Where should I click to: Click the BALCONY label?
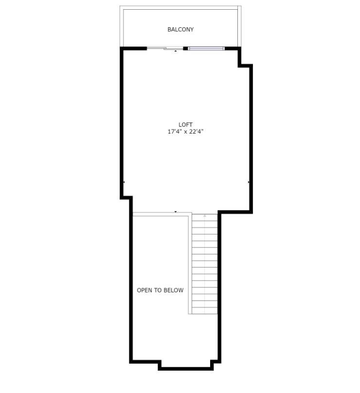[x=180, y=30]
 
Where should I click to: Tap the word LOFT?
[x=185, y=125]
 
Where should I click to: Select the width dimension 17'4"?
[x=175, y=132]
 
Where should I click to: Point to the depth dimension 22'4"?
[x=196, y=132]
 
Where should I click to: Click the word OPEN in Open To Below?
[x=144, y=290]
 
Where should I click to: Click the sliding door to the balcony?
[x=165, y=48]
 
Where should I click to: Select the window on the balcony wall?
[x=206, y=48]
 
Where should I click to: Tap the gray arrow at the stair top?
[x=205, y=215]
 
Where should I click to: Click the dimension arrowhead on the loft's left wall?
[x=124, y=182]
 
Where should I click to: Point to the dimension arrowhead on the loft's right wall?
[x=249, y=182]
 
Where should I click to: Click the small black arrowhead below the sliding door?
[x=176, y=51]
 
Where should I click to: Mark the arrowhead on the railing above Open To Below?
[x=176, y=212]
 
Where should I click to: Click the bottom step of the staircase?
[x=205, y=310]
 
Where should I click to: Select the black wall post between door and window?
[x=185, y=48]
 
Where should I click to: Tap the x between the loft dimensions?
[x=185, y=132]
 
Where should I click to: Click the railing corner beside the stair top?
[x=190, y=214]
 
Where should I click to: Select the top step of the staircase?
[x=205, y=217]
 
